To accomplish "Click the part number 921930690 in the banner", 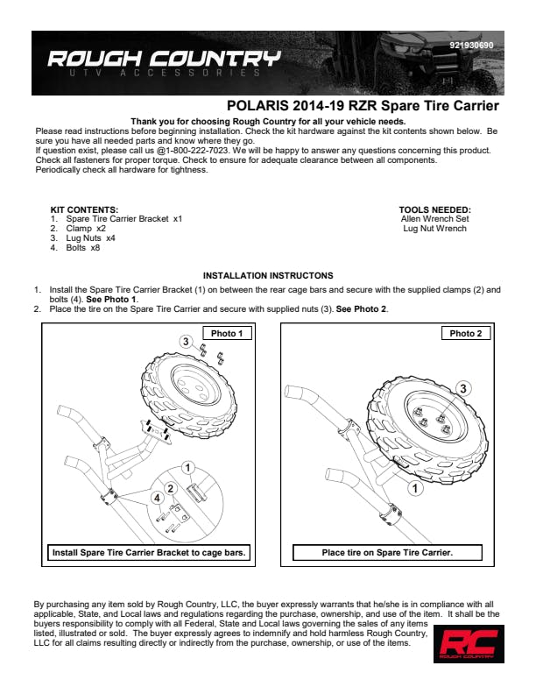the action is (471, 46).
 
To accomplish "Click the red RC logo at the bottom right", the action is (469, 643).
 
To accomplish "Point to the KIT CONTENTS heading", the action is (84, 209).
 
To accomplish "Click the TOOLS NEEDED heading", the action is (434, 209).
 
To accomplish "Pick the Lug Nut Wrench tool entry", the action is (434, 229).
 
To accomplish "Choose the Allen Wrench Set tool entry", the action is (434, 219).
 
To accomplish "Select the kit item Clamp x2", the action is (86, 229).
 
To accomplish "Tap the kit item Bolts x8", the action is (82, 248).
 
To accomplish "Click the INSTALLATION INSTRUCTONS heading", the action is (268, 276).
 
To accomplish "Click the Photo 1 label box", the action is (227, 333).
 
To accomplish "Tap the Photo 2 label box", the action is (466, 333).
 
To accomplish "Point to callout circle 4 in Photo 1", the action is (157, 498).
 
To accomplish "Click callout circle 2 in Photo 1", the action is (171, 489).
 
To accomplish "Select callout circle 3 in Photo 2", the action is (463, 388).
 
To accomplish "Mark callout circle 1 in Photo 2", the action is (415, 489).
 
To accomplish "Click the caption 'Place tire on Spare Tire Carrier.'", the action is (387, 552).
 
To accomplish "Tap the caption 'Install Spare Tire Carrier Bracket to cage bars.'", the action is (149, 552).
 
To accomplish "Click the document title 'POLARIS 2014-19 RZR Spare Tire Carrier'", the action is (363, 106).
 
